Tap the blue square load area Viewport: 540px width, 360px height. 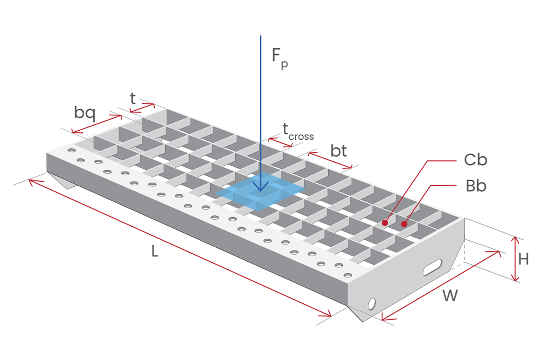pyautogui.click(x=260, y=192)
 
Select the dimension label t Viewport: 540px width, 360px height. pyautogui.click(x=132, y=98)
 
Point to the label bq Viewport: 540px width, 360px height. pyautogui.click(x=85, y=113)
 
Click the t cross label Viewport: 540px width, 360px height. pyautogui.click(x=298, y=132)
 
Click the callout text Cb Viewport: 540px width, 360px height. pyautogui.click(x=475, y=160)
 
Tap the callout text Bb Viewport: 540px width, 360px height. pyautogui.click(x=476, y=186)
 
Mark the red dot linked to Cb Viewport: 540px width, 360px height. pyautogui.click(x=385, y=223)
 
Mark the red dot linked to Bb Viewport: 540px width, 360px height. pyautogui.click(x=404, y=224)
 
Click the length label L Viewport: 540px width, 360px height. pyautogui.click(x=155, y=251)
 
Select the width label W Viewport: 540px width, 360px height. pyautogui.click(x=450, y=295)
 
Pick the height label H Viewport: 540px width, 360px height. pyautogui.click(x=524, y=259)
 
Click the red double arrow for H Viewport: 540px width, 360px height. pyautogui.click(x=515, y=259)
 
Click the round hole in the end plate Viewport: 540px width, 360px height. pyautogui.click(x=372, y=304)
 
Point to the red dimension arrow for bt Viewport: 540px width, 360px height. pyautogui.click(x=330, y=160)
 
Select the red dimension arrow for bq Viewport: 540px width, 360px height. pyautogui.click(x=97, y=124)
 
